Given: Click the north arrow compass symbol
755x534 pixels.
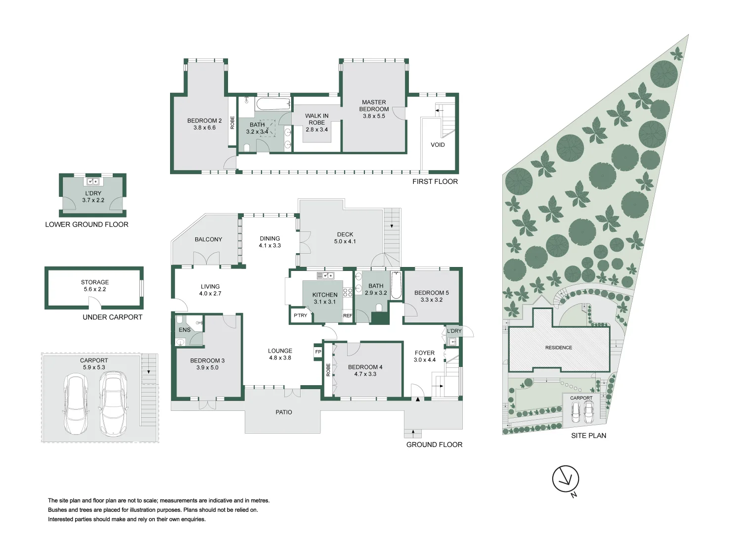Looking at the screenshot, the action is (x=566, y=480).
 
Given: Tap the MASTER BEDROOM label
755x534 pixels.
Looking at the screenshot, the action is (x=374, y=105).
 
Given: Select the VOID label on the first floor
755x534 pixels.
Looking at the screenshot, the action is (x=438, y=144).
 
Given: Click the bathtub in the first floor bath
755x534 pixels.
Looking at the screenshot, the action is (x=273, y=104).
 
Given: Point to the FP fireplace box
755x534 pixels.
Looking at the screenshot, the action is (x=318, y=352).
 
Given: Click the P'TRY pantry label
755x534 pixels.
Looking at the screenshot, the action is (x=300, y=315).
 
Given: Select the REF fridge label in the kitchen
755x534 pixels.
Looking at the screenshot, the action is (x=348, y=316).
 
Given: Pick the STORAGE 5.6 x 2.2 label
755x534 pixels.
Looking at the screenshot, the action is (x=95, y=286).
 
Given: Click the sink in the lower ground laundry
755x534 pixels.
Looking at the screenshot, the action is (x=93, y=181).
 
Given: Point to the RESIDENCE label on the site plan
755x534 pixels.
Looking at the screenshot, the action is (x=559, y=348).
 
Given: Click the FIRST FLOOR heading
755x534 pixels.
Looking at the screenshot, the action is (x=435, y=181).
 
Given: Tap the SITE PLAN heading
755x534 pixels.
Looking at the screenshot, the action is (x=588, y=436).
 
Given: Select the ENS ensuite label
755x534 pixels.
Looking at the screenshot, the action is (x=184, y=330).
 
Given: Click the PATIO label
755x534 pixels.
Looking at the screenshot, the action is (x=284, y=412).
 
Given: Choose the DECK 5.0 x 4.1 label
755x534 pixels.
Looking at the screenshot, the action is (x=345, y=238).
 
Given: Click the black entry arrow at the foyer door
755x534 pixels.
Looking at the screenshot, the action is (x=418, y=399).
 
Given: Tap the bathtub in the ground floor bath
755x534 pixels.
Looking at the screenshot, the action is (x=396, y=285).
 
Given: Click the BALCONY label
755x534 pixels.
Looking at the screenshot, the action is (x=208, y=239).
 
